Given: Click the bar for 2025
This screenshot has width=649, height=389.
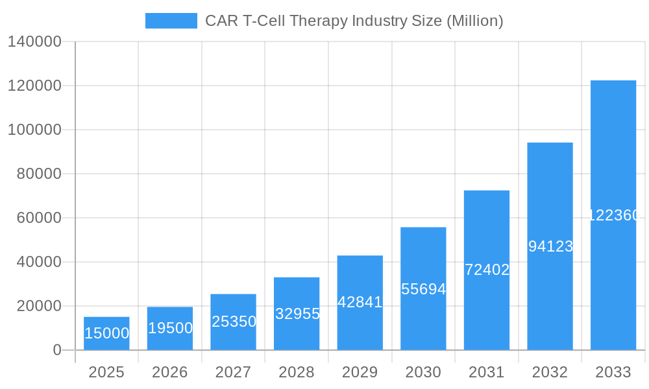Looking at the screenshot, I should (106, 333).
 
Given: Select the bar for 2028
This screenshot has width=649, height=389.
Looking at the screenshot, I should (297, 314).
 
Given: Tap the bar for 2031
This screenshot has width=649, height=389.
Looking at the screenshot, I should (487, 270).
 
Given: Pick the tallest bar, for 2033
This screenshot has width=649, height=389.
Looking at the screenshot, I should (613, 215).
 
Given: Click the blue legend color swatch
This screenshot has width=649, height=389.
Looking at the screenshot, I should (171, 21).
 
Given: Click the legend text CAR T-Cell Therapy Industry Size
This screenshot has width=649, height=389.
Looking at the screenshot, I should (354, 21).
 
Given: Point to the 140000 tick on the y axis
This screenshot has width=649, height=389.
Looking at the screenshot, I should (34, 41).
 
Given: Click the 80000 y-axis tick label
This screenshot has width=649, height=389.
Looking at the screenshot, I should (38, 174).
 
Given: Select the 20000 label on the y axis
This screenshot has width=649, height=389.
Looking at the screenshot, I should (38, 306).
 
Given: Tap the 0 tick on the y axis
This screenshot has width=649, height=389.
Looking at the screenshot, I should (57, 350).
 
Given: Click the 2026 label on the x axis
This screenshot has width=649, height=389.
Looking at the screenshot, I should (170, 372).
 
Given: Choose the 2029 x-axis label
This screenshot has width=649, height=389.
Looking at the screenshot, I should (360, 372).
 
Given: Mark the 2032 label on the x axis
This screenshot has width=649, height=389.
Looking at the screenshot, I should (550, 372).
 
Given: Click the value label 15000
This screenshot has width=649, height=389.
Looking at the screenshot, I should (107, 333).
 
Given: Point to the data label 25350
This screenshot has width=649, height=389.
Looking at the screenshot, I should (234, 322).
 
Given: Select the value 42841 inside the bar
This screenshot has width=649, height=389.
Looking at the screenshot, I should (360, 302).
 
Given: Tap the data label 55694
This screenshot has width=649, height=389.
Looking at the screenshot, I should (423, 289).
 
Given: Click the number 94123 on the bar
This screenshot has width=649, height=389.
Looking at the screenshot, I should (550, 246).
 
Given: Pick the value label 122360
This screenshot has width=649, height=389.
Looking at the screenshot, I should (613, 215).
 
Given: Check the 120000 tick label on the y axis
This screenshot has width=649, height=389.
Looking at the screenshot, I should (34, 86).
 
